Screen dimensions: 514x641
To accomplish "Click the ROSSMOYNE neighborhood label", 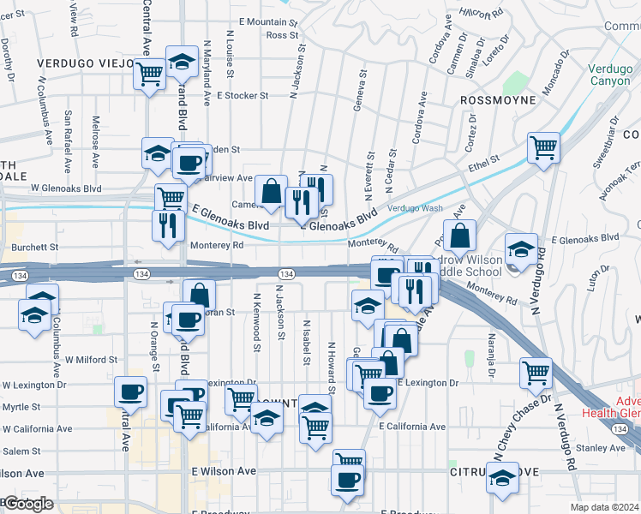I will point(498,100).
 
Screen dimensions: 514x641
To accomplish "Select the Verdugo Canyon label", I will point(610,75).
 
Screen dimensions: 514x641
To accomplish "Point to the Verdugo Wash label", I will point(415,208).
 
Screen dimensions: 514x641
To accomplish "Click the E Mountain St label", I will point(267,21).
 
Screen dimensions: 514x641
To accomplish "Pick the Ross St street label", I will point(281,35).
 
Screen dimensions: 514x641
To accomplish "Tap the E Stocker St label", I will point(243,96).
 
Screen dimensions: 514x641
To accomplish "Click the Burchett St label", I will point(29,246).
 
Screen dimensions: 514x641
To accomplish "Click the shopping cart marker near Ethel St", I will point(543,147).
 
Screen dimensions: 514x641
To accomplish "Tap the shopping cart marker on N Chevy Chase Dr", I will point(536,373).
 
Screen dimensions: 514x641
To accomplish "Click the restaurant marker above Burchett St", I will point(168,224).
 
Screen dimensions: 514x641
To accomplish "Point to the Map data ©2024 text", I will point(605,507).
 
